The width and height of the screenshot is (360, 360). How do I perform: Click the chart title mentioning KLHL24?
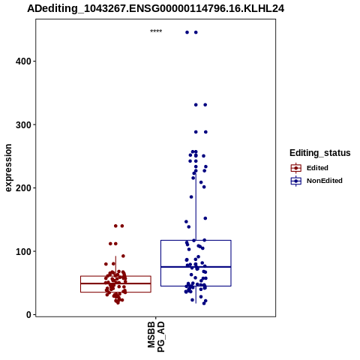(155, 9)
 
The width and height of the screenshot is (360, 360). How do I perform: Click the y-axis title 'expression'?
(8, 168)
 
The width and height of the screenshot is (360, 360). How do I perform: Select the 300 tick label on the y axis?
(23, 124)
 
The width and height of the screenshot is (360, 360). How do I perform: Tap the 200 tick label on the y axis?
(23, 188)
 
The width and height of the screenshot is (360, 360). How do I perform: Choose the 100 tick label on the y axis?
(23, 251)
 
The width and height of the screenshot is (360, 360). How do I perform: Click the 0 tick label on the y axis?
(28, 315)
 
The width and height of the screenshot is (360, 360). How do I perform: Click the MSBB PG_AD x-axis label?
(156, 337)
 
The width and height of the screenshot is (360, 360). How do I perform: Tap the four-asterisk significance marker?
(156, 31)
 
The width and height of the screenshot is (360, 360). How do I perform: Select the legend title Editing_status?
(320, 153)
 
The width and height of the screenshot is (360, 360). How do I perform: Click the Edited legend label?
(317, 168)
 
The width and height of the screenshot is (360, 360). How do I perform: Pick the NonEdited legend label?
(325, 181)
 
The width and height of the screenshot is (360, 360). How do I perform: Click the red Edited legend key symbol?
(296, 168)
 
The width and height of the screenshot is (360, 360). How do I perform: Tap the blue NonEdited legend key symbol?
(296, 181)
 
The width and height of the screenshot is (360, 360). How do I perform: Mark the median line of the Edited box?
(115, 283)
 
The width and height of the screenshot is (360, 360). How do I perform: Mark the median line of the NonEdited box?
(196, 267)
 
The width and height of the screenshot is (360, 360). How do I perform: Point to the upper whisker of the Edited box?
(115, 266)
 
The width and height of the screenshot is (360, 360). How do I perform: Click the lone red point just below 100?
(123, 256)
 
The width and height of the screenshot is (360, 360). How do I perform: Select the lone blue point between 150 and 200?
(191, 197)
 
